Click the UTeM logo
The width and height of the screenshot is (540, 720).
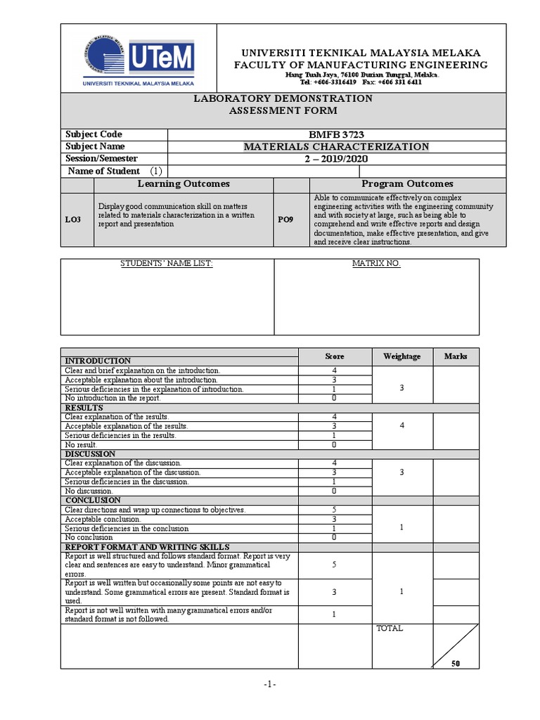tap(138, 58)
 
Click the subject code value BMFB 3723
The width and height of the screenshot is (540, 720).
tap(335, 134)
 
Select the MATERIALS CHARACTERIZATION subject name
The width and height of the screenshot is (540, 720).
tap(335, 146)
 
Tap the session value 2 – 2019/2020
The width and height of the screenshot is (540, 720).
tap(335, 159)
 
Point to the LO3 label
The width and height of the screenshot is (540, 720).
tap(73, 220)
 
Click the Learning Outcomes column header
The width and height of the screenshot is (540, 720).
tap(183, 184)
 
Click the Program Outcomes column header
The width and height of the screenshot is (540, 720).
tap(407, 184)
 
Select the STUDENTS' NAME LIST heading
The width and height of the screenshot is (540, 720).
tap(166, 264)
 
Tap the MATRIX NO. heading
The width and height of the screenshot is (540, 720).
tap(375, 264)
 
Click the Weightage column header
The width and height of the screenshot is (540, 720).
tap(401, 356)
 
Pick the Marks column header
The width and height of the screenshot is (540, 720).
tap(456, 356)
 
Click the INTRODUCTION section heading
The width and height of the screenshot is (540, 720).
tap(98, 361)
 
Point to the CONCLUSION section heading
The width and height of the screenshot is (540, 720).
tap(94, 500)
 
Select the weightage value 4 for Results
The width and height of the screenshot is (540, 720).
tap(401, 426)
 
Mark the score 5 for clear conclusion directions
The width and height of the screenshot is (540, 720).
tap(334, 510)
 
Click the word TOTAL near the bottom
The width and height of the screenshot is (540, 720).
tap(390, 629)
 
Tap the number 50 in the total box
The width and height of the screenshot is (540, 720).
tap(455, 663)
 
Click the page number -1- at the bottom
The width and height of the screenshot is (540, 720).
tap(270, 685)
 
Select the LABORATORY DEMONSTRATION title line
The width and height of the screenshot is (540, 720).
tap(283, 98)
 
